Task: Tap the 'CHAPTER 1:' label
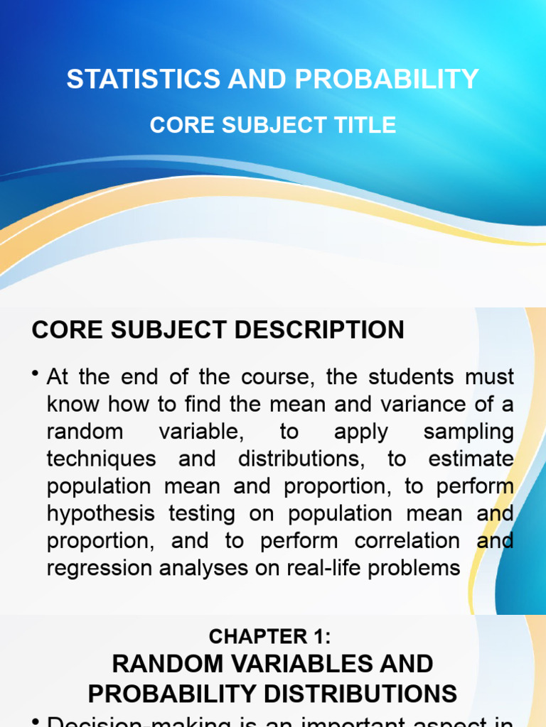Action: coord(272,638)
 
